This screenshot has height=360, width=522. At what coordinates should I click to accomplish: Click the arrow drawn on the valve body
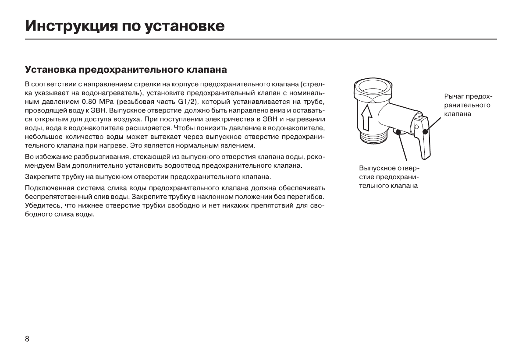pyautogui.click(x=367, y=116)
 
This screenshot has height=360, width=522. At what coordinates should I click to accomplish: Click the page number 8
pyautogui.click(x=27, y=339)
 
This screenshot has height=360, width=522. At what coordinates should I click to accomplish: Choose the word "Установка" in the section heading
pyautogui.click(x=49, y=70)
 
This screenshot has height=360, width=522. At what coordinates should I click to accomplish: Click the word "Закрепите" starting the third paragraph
pyautogui.click(x=42, y=177)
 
